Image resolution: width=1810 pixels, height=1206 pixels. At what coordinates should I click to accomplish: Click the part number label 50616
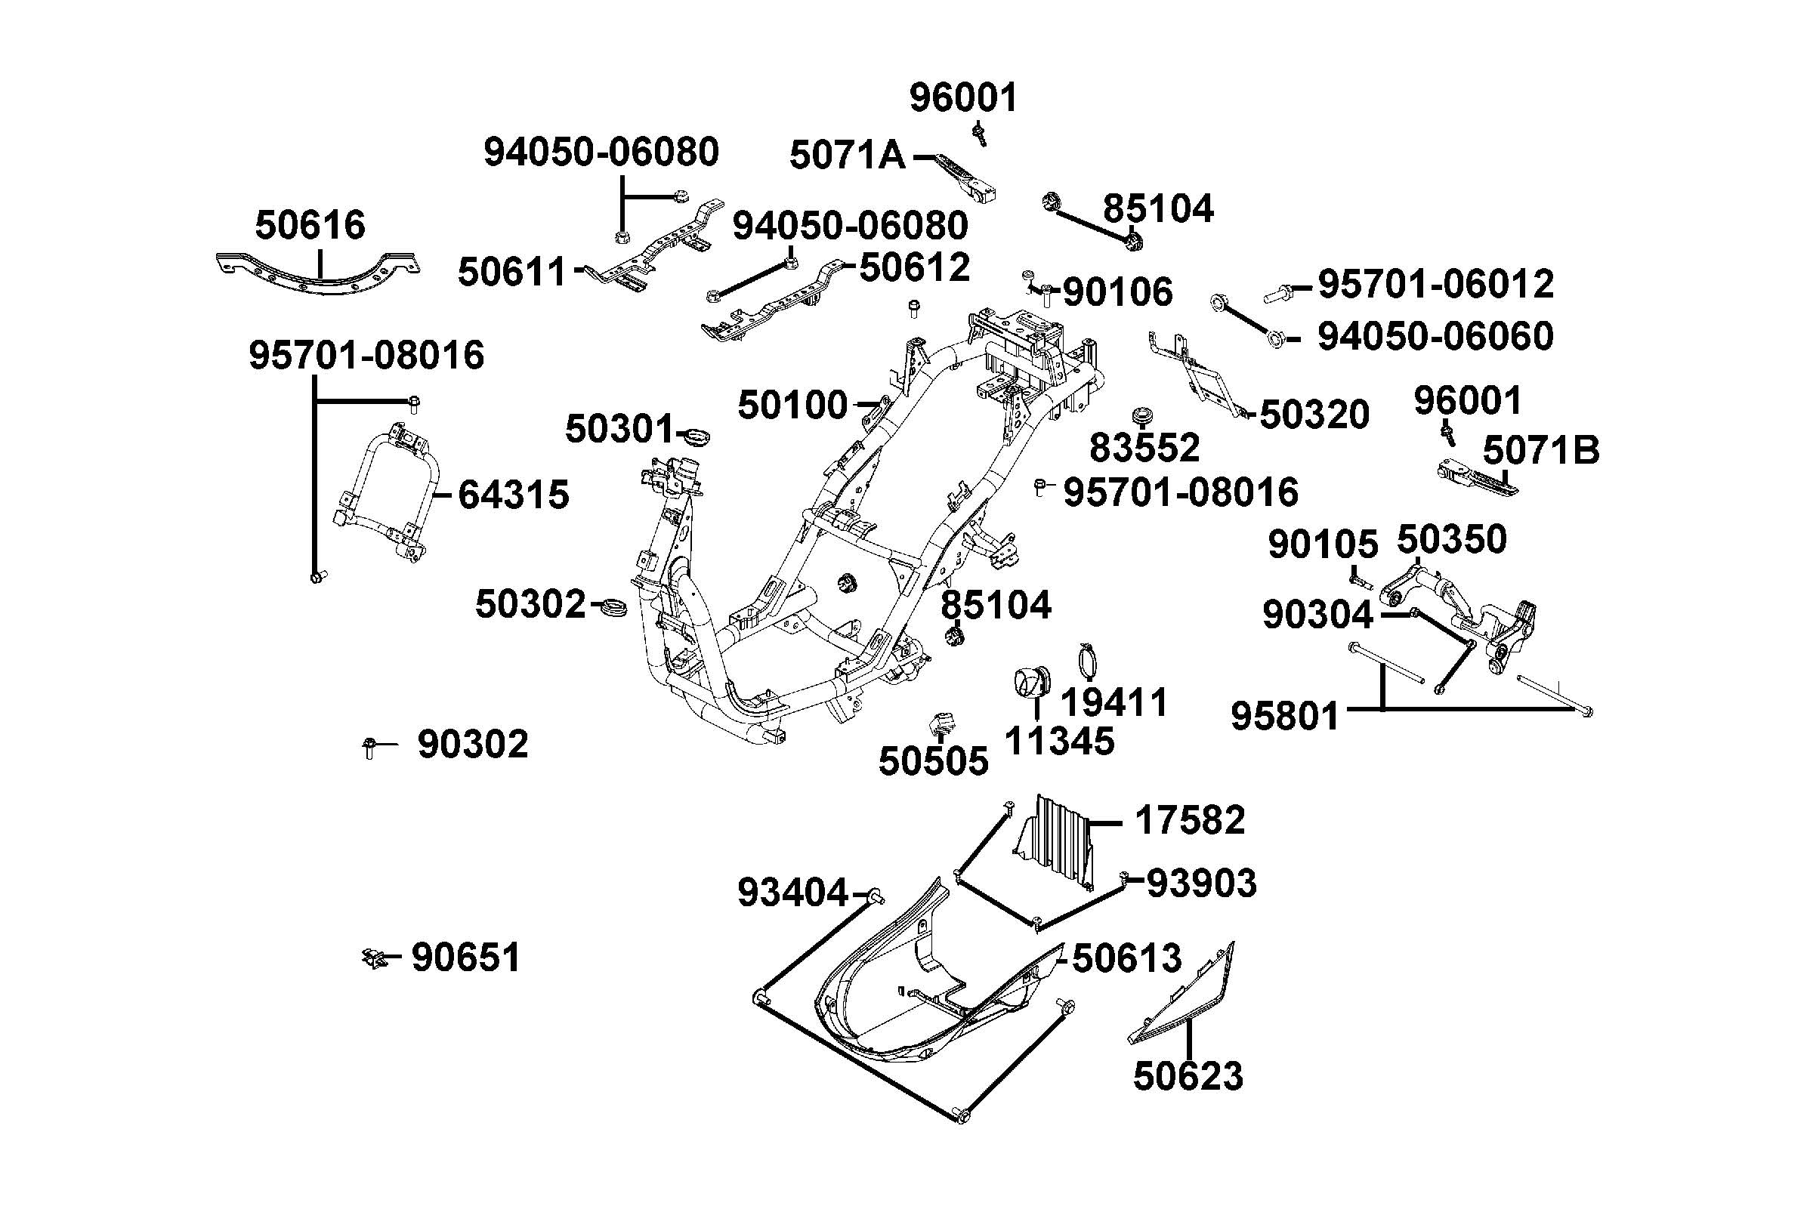[310, 226]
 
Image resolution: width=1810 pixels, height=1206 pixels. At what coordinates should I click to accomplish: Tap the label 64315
[513, 495]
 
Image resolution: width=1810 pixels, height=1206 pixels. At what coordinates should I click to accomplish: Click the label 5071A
[848, 156]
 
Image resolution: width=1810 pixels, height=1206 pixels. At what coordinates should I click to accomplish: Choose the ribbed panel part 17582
[1058, 843]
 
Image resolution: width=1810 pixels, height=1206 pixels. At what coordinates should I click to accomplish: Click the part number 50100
[792, 406]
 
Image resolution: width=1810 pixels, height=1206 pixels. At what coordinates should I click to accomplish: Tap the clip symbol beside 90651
[374, 958]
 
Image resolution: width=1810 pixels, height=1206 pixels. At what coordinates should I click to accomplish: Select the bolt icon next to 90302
[369, 746]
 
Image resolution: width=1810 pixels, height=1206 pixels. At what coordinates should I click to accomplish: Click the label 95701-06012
[1435, 285]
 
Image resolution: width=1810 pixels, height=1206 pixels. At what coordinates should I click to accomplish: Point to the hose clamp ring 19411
[1088, 660]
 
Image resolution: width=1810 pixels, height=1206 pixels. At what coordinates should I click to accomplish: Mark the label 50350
[1450, 540]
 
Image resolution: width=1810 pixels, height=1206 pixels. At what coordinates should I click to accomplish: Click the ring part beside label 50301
[697, 437]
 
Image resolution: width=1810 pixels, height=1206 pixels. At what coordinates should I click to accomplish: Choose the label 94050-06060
[1435, 337]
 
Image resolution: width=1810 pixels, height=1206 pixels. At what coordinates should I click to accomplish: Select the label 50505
[933, 761]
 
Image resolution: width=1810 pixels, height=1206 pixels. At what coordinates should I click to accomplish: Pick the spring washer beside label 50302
[613, 607]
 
